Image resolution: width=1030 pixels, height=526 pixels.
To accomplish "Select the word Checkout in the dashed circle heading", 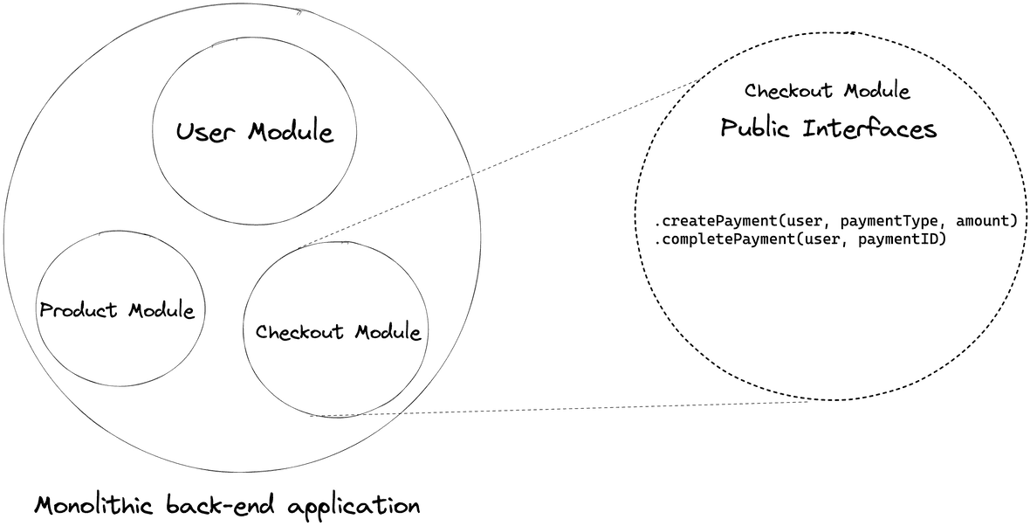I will point(786,91).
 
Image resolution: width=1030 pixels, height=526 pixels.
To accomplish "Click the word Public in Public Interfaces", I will point(756,129).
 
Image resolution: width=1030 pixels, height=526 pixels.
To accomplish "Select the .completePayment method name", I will point(718,238).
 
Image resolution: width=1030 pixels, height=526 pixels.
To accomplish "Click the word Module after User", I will point(290,133).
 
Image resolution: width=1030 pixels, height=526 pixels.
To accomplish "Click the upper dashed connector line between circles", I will point(498,163).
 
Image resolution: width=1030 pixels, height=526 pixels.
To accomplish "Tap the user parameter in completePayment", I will point(821,238).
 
